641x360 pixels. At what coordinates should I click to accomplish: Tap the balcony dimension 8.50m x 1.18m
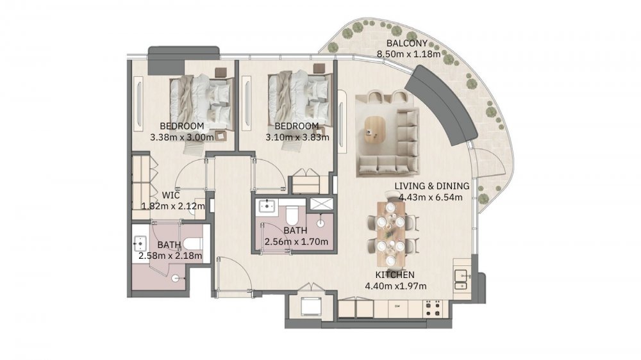coord(408,54)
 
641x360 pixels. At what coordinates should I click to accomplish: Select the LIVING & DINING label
coord(431,186)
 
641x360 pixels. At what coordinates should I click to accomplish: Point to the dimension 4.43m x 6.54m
coord(431,197)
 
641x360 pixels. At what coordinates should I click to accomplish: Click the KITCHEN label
coord(395,275)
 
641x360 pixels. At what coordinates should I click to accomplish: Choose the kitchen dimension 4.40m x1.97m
coord(395,286)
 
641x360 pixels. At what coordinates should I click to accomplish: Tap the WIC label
coord(171,195)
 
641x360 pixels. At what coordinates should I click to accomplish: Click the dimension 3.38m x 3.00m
coord(182,137)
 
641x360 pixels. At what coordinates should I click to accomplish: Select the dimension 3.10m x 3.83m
coord(297,137)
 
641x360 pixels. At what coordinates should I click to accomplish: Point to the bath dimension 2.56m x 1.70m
coord(296,242)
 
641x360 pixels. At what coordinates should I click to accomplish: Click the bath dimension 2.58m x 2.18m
coord(170,256)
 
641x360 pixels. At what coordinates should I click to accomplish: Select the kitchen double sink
coord(461,281)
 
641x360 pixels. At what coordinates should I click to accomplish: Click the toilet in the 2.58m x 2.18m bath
coord(192,244)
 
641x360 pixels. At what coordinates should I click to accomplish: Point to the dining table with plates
coord(391,234)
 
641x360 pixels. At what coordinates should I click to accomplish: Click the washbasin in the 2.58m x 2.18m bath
coord(140,243)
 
